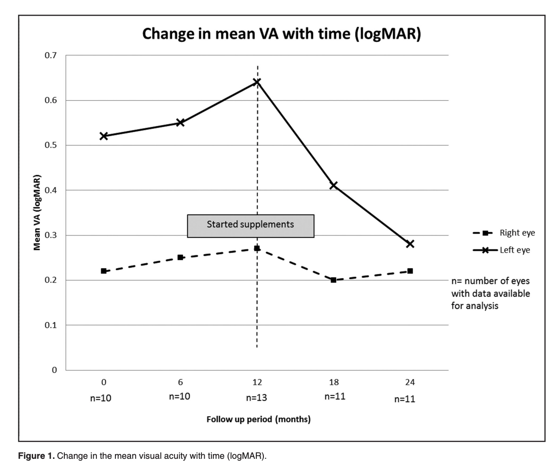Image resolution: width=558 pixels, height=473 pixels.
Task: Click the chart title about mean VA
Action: (x=281, y=34)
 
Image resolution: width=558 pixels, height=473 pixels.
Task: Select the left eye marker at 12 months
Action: (x=257, y=82)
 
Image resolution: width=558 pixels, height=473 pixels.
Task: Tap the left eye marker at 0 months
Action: (x=104, y=136)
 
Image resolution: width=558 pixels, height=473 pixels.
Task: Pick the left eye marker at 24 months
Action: (x=410, y=244)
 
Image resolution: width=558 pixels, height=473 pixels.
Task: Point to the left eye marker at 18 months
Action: (x=333, y=185)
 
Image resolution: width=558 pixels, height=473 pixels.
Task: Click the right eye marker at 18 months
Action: (x=333, y=280)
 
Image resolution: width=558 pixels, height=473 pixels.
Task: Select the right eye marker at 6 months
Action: (x=180, y=257)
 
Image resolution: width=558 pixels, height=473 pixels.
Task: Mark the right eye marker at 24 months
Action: (x=410, y=271)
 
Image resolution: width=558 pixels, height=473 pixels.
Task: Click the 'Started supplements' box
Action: (x=251, y=226)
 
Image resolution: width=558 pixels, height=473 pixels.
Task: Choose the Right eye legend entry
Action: (x=504, y=233)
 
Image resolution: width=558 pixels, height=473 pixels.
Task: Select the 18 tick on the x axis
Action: (x=333, y=382)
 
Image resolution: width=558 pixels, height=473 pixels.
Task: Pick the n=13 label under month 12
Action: (x=257, y=398)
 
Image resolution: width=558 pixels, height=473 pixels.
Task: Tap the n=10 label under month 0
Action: (x=101, y=398)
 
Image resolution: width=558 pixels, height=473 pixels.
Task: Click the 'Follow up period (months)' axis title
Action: (x=258, y=419)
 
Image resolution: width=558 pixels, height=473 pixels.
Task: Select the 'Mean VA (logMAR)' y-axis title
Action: (x=37, y=212)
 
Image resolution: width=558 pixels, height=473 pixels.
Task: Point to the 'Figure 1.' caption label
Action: (x=36, y=456)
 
